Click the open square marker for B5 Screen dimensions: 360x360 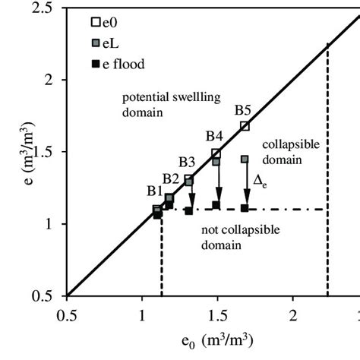tap(245, 126)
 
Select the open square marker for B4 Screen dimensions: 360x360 tap(216, 153)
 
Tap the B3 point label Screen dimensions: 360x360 tap(187, 161)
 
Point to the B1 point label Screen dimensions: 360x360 tap(156, 190)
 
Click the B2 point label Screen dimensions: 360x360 tap(171, 179)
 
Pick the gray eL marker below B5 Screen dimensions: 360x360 tap(245, 159)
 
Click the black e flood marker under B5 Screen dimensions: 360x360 tap(245, 208)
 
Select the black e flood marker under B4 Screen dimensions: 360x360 tap(216, 205)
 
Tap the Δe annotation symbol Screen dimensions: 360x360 tap(259, 180)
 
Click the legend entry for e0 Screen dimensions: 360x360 tap(98, 22)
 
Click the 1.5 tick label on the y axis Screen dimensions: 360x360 tap(49, 152)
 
